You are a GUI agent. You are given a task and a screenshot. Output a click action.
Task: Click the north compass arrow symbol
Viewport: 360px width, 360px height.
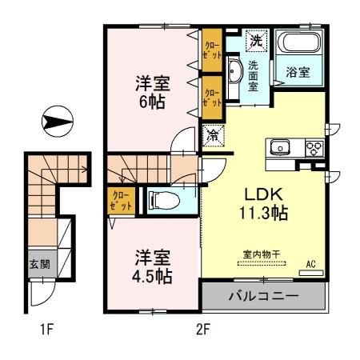57,122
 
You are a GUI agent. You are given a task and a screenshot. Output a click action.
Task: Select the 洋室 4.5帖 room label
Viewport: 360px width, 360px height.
152,266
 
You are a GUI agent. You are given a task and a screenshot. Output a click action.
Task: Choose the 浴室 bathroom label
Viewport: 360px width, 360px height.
298,72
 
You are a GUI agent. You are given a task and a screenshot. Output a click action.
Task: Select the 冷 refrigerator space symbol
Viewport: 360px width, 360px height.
214,136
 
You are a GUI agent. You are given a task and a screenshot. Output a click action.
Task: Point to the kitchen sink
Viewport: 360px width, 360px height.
282,148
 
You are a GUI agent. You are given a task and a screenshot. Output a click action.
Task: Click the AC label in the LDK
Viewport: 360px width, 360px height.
312,262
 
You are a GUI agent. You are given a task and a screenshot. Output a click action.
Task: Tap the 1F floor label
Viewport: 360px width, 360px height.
50,329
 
